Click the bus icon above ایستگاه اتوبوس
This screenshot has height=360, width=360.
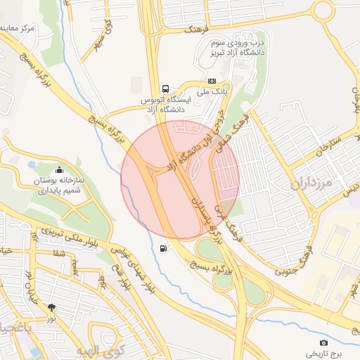coord(165,89)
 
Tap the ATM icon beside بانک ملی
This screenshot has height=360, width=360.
coord(212,81)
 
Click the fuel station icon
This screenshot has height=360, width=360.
coord(164,248)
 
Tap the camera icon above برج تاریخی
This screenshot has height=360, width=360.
coord(323,342)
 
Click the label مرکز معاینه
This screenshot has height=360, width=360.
coord(17,30)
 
